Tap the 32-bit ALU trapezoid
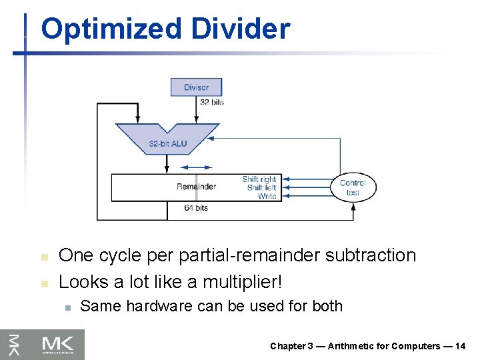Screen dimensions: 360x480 tap(167, 139)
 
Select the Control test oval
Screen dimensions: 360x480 tap(353, 187)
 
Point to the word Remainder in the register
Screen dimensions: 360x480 tap(196, 187)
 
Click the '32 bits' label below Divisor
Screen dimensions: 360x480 tap(212, 102)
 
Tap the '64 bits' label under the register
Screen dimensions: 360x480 tap(196, 208)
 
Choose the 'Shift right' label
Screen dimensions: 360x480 tap(259, 179)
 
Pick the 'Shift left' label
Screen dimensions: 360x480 tap(261, 188)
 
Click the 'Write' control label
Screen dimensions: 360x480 tap(267, 197)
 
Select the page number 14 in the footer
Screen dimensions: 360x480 tap(460, 346)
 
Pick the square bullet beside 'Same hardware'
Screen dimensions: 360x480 tap(67, 307)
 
